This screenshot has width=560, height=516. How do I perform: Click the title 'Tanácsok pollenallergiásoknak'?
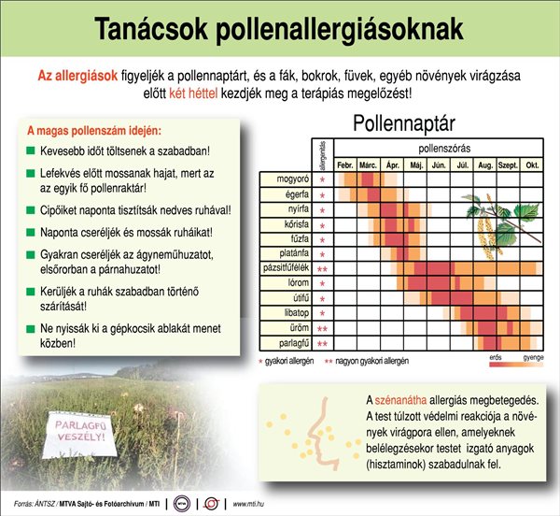click(x=279, y=28)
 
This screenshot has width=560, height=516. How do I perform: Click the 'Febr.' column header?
click(x=345, y=165)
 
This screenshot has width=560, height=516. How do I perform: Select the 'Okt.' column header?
click(x=532, y=165)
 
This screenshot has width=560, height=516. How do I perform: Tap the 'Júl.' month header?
click(x=462, y=165)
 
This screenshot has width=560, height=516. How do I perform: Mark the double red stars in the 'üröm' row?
click(x=322, y=328)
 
